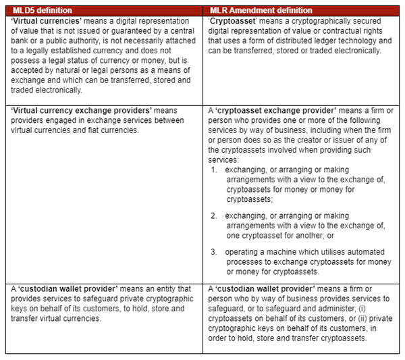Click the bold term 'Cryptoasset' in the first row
[x=233, y=21]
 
